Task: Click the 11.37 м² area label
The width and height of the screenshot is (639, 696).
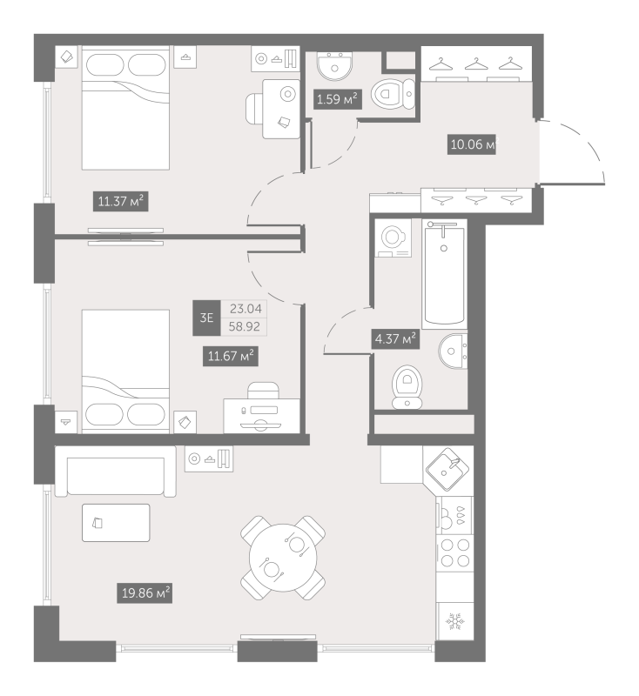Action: point(120,202)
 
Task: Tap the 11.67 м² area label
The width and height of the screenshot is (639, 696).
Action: point(231,356)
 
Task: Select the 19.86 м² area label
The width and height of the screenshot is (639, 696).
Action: point(145,593)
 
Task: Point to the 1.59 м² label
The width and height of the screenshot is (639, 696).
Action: point(337,99)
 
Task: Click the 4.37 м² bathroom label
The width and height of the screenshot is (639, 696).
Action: point(395,339)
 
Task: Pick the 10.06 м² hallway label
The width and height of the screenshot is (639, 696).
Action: point(472,144)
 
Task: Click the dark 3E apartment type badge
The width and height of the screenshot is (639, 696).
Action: point(206,318)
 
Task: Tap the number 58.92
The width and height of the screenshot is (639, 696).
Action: point(245,327)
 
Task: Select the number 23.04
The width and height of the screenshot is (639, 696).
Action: point(246,309)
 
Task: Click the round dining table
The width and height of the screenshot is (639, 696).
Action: point(283,558)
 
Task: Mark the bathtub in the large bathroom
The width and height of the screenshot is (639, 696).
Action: point(445,274)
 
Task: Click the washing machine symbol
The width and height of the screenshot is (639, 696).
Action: point(393,238)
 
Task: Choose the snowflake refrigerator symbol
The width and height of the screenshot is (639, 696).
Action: point(454,621)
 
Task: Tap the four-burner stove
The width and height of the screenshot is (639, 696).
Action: point(455,553)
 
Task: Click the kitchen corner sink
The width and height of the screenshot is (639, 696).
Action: point(447,469)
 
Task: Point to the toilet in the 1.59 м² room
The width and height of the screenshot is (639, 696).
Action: point(393,94)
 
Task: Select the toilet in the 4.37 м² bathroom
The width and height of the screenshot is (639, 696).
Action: point(407,386)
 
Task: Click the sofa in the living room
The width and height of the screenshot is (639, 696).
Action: point(116,472)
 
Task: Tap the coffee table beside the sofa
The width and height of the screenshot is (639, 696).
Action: point(116,523)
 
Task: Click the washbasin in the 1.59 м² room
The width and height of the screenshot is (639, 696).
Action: point(335,67)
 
